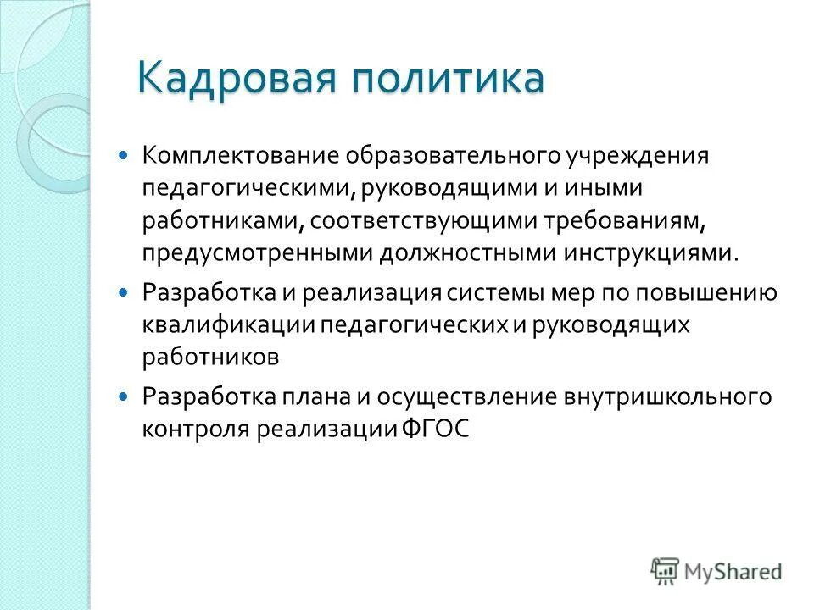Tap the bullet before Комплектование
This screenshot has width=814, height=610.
tap(125, 156)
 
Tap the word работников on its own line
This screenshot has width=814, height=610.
tap(210, 357)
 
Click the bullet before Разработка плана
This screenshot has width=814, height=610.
tap(125, 396)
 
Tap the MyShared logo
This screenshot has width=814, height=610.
tap(716, 571)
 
